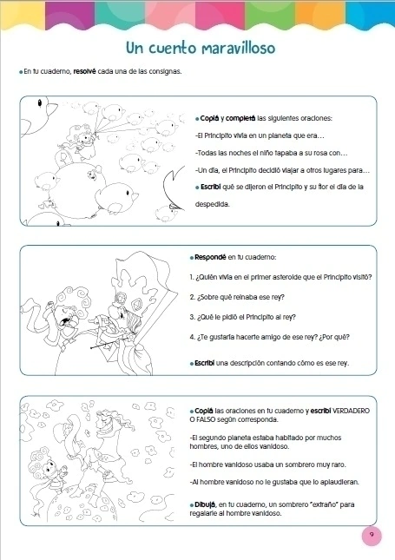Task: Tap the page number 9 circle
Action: click(x=372, y=536)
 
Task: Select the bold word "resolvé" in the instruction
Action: click(x=85, y=71)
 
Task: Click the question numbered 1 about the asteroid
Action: click(x=280, y=277)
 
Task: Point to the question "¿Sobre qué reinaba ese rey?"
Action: click(x=237, y=297)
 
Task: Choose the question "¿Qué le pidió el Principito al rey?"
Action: click(x=242, y=317)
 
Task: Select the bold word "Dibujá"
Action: click(x=205, y=505)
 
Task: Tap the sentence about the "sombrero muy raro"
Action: click(x=268, y=464)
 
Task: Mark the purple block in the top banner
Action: click(x=70, y=14)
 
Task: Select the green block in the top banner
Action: click(x=270, y=14)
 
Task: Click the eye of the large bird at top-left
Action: click(x=40, y=102)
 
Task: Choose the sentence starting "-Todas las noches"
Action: click(x=272, y=153)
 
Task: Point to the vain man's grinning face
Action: click(x=107, y=422)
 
